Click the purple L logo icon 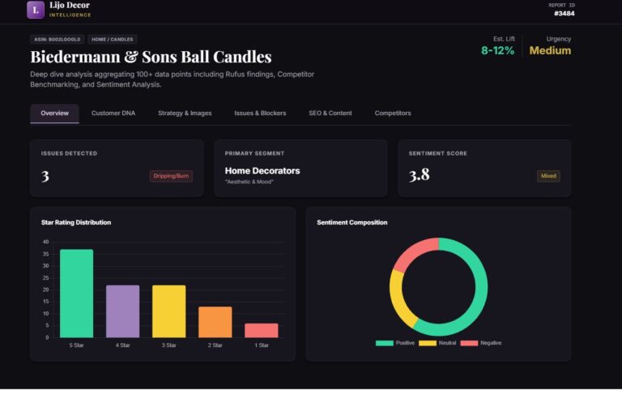[x=36, y=10]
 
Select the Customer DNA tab [x=113, y=113]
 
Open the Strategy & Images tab [x=185, y=113]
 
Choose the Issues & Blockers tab [x=260, y=113]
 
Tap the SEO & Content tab [x=330, y=113]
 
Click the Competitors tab [x=393, y=113]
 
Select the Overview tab [x=54, y=113]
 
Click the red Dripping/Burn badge [x=171, y=176]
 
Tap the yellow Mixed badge [x=548, y=176]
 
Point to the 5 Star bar [x=76, y=293]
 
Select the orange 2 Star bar [x=215, y=322]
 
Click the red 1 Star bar [x=262, y=330]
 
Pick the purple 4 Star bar [x=122, y=311]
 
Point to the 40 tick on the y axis [x=45, y=242]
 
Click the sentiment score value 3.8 [x=420, y=174]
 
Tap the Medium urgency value [x=550, y=50]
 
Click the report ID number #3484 [x=564, y=13]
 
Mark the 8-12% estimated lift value [x=498, y=50]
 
